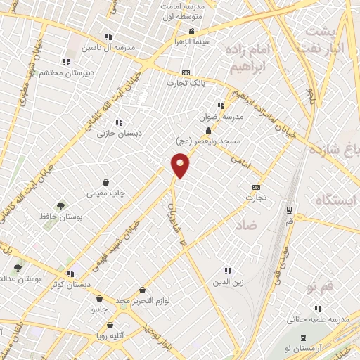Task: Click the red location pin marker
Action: coord(181,166)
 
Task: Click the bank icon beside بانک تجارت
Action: coord(186,72)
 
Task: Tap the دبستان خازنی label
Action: coord(118,132)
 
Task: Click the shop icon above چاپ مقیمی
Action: coord(105,181)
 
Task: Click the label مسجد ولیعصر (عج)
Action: coord(209,141)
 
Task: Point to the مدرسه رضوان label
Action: coord(227,117)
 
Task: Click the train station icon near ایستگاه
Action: coord(288,209)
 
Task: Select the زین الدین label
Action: coord(227,283)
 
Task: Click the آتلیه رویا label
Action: coord(110,335)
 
